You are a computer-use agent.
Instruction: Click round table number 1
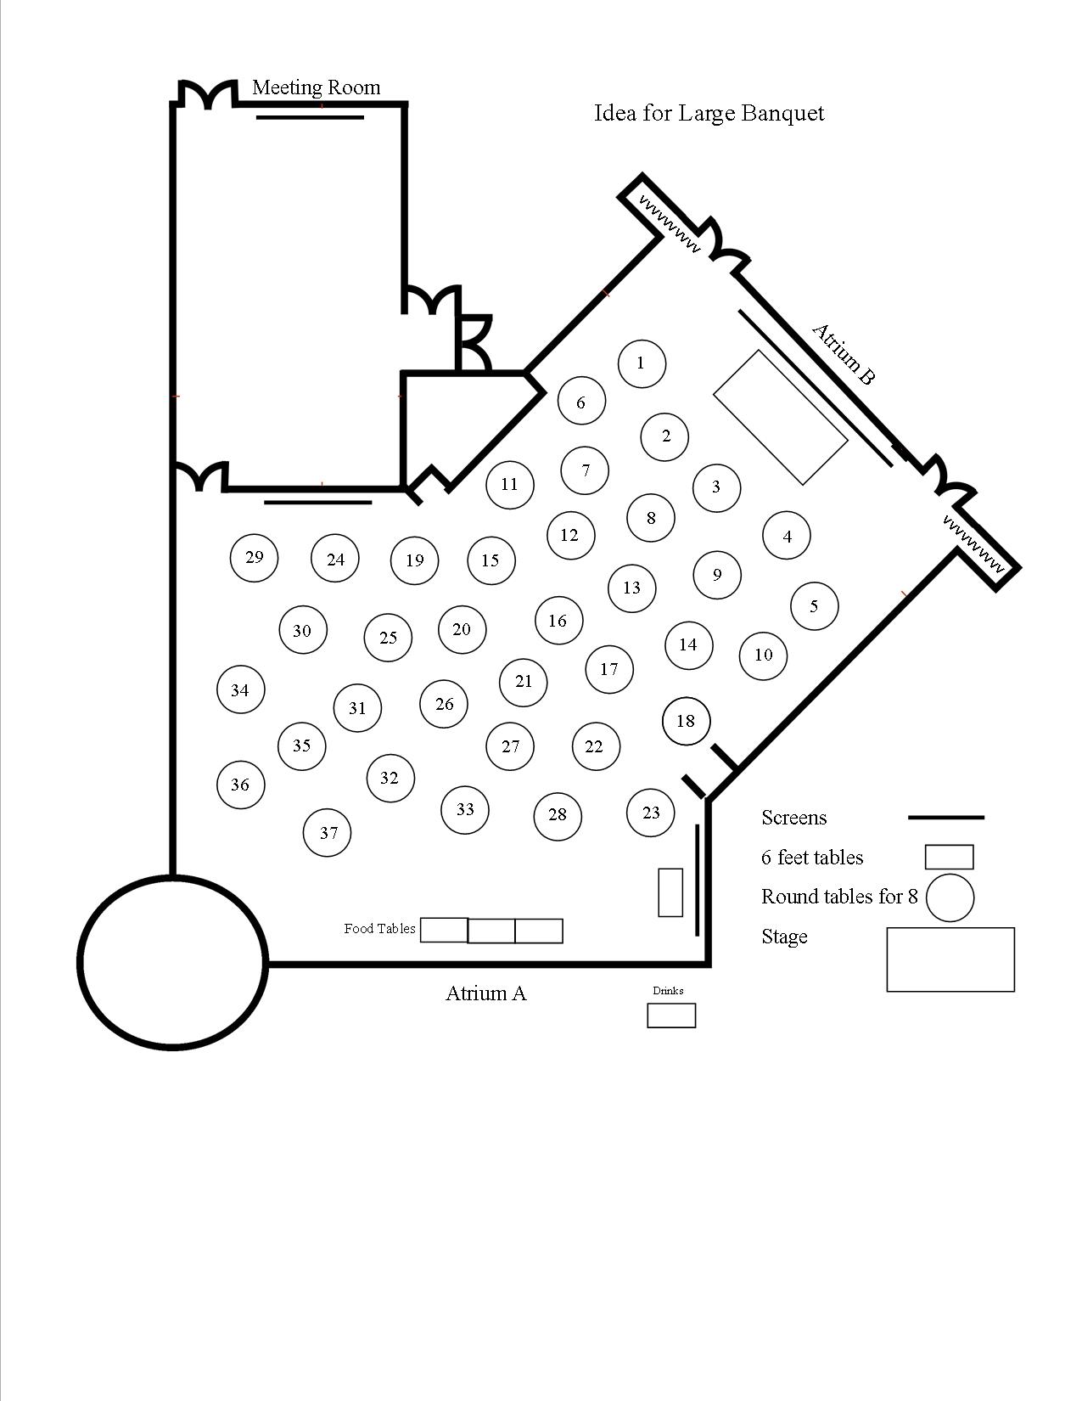(641, 363)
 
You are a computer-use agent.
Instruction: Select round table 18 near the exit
(686, 721)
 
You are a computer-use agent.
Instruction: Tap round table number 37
(328, 833)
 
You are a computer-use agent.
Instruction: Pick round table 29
(254, 558)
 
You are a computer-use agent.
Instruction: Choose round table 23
(650, 813)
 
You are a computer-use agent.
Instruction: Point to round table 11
(509, 485)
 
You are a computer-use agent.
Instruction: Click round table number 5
(814, 606)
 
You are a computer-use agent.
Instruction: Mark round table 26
(444, 704)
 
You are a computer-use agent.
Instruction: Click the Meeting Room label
(316, 87)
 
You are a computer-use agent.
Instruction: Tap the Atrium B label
(843, 354)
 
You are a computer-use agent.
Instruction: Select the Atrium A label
(485, 993)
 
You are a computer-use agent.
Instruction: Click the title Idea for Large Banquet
(709, 113)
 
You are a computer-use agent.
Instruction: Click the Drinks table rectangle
(671, 1016)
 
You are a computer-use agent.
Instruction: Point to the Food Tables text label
(379, 929)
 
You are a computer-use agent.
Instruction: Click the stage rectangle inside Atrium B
(781, 418)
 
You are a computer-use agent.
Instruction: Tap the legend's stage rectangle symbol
(950, 959)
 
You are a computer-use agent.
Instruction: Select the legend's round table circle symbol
(950, 897)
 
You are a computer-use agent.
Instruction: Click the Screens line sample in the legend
(946, 818)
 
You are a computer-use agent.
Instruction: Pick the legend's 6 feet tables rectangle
(949, 857)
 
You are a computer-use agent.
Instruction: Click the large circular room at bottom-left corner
(173, 962)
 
